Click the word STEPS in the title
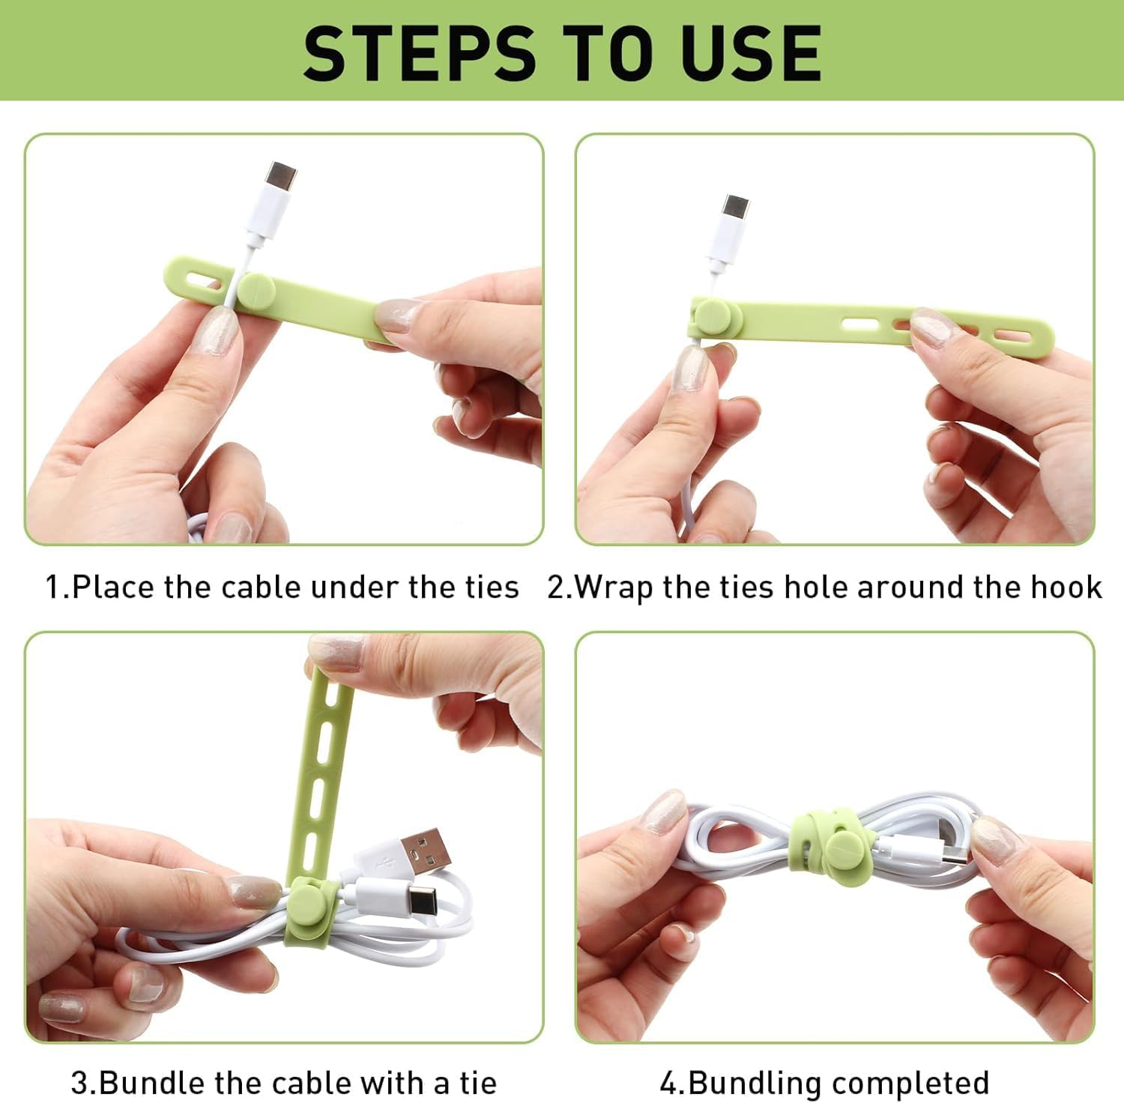419,52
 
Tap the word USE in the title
752,52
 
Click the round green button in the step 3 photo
309,904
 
